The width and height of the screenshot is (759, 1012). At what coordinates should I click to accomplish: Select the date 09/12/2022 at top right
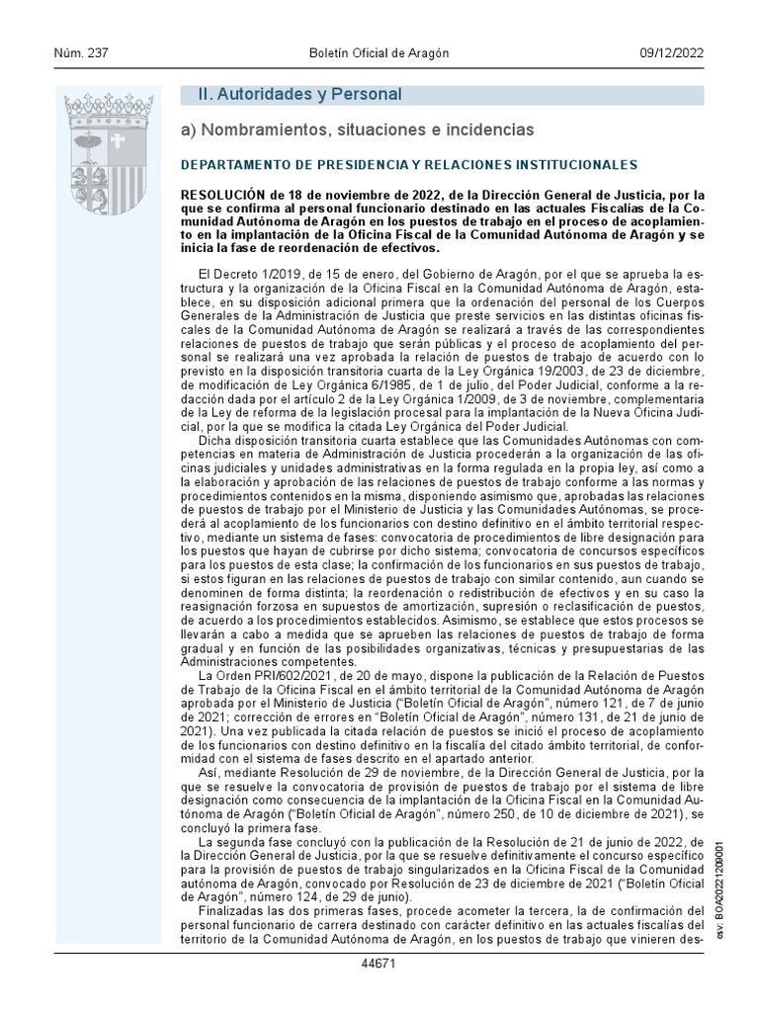[x=671, y=53]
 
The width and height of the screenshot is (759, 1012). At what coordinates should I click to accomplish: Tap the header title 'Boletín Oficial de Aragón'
[x=379, y=53]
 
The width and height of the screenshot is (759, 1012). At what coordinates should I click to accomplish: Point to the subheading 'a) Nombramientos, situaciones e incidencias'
[x=357, y=129]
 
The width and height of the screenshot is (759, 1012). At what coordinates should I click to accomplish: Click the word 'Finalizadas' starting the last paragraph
[x=230, y=909]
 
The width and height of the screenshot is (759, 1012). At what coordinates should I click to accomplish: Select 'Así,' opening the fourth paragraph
[x=211, y=771]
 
